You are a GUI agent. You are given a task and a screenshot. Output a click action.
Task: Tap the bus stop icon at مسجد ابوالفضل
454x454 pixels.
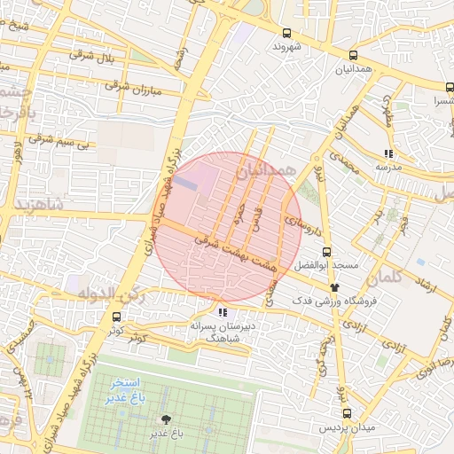click(x=327, y=252)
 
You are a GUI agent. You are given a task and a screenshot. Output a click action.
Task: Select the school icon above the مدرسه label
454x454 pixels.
click(x=387, y=153)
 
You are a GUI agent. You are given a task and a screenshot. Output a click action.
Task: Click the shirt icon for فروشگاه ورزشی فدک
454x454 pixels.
click(x=334, y=286)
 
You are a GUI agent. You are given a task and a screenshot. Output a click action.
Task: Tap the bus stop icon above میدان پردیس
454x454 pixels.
click(x=347, y=413)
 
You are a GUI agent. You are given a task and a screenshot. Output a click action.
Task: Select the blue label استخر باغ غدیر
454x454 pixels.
click(x=129, y=389)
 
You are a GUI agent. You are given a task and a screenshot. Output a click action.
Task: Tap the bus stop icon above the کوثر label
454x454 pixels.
click(x=117, y=316)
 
